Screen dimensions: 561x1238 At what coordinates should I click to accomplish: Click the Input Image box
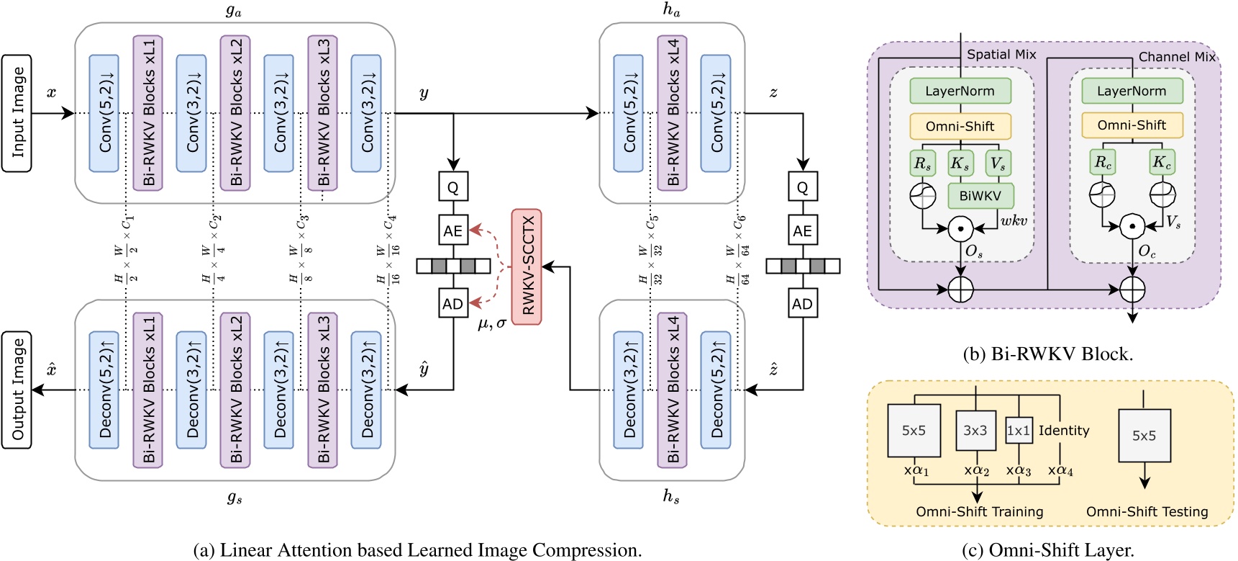(17, 113)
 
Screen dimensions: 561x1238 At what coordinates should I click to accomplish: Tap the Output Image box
(17, 390)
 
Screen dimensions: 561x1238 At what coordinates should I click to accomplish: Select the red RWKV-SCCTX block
(527, 266)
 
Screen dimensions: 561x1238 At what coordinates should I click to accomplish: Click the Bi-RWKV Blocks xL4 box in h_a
(672, 113)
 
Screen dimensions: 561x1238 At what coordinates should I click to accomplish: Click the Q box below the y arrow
(453, 187)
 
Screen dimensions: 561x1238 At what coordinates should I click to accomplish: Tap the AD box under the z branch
(802, 303)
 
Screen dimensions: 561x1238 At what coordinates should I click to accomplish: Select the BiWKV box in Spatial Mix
(980, 195)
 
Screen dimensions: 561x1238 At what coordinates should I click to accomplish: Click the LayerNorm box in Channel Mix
(1132, 91)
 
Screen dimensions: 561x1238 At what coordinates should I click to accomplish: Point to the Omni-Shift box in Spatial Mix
(960, 126)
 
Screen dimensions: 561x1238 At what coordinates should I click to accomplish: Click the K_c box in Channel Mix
(1162, 163)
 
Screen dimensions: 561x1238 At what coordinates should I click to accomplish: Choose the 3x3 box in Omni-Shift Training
(975, 431)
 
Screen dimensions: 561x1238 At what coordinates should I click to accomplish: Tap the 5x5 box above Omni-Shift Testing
(1144, 436)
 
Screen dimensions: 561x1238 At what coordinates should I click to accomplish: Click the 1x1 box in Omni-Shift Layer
(1019, 431)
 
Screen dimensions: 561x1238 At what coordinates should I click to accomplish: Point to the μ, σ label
(491, 323)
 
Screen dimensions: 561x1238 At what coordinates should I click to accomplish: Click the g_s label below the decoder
(235, 498)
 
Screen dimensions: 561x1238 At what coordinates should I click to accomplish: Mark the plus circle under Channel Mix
(1132, 290)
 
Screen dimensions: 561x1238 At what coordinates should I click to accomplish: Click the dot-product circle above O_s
(960, 229)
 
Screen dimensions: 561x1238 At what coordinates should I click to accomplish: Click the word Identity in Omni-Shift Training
(1064, 431)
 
